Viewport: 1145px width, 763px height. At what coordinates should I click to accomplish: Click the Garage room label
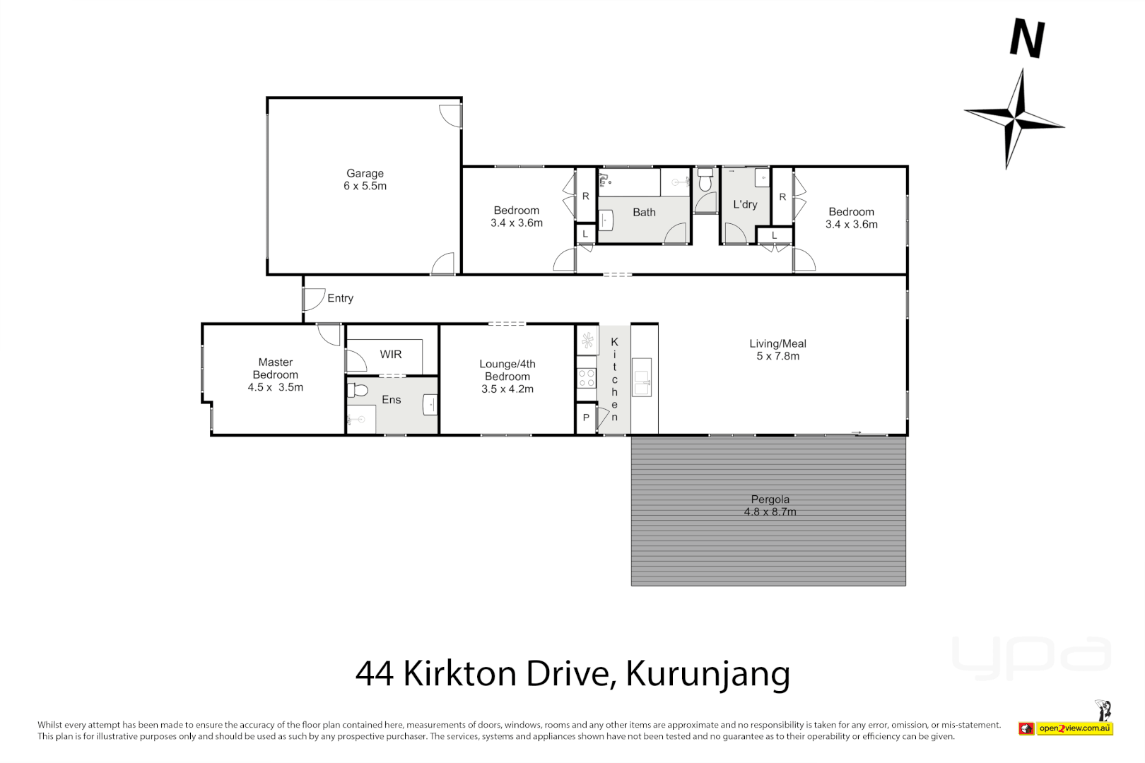pyautogui.click(x=365, y=179)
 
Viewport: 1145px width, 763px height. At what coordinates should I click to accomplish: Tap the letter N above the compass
pyautogui.click(x=1027, y=40)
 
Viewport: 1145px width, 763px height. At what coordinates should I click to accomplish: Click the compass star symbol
pyautogui.click(x=1016, y=119)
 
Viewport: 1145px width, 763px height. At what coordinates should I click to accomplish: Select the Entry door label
pyautogui.click(x=340, y=298)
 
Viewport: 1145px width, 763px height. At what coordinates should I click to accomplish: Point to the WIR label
pyautogui.click(x=391, y=355)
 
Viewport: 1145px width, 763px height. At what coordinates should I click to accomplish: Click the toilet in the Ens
pyautogui.click(x=358, y=390)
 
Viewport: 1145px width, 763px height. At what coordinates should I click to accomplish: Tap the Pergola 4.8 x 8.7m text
pyautogui.click(x=770, y=506)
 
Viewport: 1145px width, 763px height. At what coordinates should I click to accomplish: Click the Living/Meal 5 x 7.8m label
pyautogui.click(x=777, y=350)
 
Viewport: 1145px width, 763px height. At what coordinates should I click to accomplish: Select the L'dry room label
pyautogui.click(x=745, y=204)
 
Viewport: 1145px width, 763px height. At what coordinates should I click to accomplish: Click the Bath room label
pyautogui.click(x=644, y=212)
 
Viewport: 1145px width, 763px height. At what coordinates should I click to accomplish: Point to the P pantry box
pyautogui.click(x=586, y=418)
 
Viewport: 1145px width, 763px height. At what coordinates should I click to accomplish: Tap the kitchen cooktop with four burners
pyautogui.click(x=587, y=378)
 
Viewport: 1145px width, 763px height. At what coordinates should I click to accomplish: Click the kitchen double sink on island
pyautogui.click(x=642, y=377)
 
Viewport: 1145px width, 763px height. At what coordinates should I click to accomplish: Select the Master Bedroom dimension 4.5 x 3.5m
pyautogui.click(x=276, y=387)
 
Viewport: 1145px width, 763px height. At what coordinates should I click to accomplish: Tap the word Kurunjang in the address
pyautogui.click(x=707, y=674)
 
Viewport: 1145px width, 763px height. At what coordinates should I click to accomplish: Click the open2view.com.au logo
pyautogui.click(x=1074, y=728)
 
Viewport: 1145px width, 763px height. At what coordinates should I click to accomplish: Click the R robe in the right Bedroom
pyautogui.click(x=782, y=197)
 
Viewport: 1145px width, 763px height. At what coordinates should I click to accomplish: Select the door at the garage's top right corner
pyautogui.click(x=451, y=115)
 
